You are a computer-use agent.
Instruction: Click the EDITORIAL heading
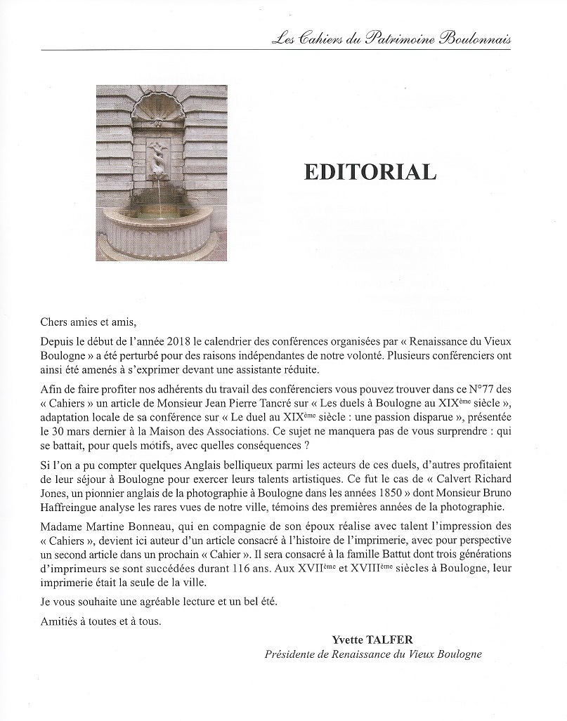[370, 172]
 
